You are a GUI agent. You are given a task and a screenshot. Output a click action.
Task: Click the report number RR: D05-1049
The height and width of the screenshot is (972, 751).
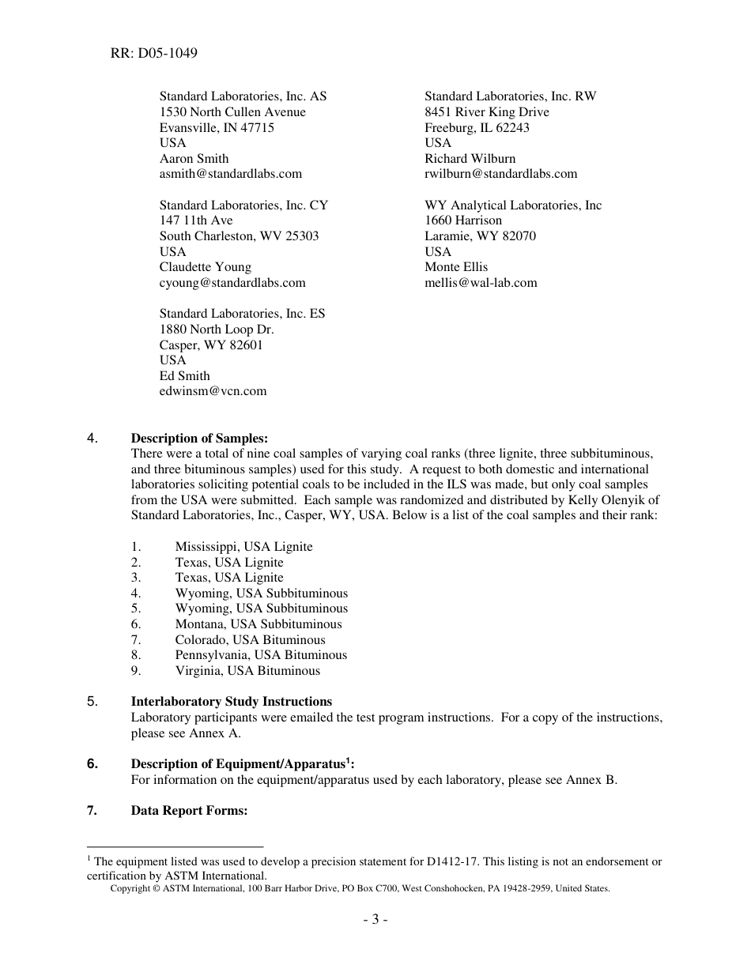pyautogui.click(x=154, y=54)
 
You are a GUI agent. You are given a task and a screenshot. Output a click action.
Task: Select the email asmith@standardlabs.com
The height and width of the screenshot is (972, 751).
pyautogui.click(x=230, y=174)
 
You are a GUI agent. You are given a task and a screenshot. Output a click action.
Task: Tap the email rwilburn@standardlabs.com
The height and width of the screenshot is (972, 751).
pyautogui.click(x=500, y=174)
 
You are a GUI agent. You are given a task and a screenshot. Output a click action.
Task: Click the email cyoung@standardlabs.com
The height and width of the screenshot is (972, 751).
pyautogui.click(x=232, y=283)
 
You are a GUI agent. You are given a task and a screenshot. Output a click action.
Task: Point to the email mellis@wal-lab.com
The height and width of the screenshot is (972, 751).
pyautogui.click(x=481, y=283)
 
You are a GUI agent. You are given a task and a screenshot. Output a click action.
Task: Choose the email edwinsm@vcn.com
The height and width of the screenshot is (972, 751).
pyautogui.click(x=213, y=391)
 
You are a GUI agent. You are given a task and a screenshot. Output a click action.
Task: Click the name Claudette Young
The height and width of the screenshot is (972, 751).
pyautogui.click(x=205, y=267)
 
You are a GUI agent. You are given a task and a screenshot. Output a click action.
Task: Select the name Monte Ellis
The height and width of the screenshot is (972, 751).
pyautogui.click(x=456, y=267)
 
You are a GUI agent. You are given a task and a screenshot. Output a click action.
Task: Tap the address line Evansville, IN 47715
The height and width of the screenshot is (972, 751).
pyautogui.click(x=217, y=127)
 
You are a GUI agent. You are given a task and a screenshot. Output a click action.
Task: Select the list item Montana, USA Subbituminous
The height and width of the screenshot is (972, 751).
pyautogui.click(x=259, y=624)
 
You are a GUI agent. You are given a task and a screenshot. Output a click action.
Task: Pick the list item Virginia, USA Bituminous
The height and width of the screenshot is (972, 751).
pyautogui.click(x=247, y=671)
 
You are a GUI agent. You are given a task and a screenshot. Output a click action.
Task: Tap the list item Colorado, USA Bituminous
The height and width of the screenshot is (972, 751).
pyautogui.click(x=250, y=640)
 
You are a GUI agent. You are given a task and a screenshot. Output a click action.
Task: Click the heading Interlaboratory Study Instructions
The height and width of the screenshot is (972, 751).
pyautogui.click(x=231, y=702)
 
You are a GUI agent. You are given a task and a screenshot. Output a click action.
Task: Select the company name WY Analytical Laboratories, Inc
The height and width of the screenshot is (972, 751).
pyautogui.click(x=513, y=205)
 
